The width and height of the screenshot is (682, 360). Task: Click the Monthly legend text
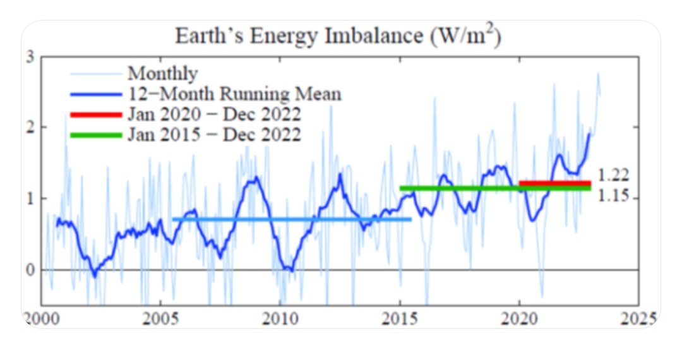[x=162, y=74]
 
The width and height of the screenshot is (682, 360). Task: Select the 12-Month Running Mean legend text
[x=234, y=95]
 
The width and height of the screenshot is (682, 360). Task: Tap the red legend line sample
[x=95, y=115]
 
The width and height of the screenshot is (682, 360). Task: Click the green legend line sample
[x=95, y=135]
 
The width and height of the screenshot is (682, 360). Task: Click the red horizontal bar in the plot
[x=554, y=183]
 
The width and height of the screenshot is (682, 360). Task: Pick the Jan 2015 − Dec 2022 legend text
[x=214, y=135]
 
